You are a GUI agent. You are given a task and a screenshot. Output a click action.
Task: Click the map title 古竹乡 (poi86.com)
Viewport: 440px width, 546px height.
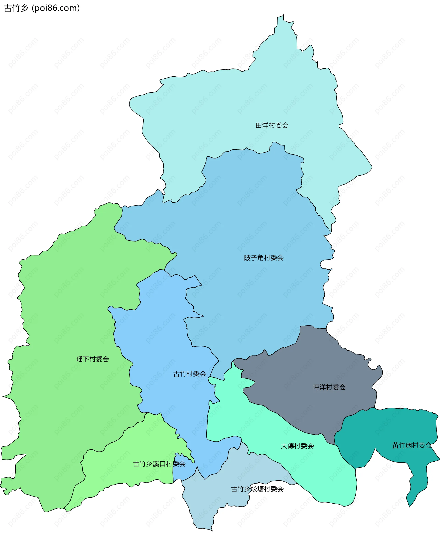pos(42,8)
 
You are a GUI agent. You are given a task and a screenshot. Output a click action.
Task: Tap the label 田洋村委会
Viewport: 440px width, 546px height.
pos(272,125)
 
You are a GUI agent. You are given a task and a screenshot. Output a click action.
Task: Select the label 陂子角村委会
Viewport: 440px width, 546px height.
pos(264,258)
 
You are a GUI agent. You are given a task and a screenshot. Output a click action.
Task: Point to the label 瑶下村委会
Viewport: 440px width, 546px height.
pos(93,359)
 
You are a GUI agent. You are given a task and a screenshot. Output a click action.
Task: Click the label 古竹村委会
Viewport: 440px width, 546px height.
pos(190,374)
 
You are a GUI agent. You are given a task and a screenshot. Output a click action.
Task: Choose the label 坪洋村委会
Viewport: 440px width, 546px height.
pos(329,387)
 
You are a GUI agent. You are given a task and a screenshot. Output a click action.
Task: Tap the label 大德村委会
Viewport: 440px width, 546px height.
pos(297,446)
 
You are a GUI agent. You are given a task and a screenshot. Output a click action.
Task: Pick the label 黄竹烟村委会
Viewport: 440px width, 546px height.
pos(412,446)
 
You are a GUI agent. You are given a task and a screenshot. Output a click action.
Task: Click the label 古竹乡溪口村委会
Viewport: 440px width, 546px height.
pos(159,464)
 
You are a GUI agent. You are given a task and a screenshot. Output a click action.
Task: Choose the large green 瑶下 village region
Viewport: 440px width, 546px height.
pos(63,317)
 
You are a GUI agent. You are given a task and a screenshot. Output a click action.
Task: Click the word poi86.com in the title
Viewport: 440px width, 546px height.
pos(56,8)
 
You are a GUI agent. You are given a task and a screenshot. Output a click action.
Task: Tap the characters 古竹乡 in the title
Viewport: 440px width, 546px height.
pos(16,8)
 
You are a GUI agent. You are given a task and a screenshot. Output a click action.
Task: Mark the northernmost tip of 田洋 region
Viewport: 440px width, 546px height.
pos(283,15)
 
